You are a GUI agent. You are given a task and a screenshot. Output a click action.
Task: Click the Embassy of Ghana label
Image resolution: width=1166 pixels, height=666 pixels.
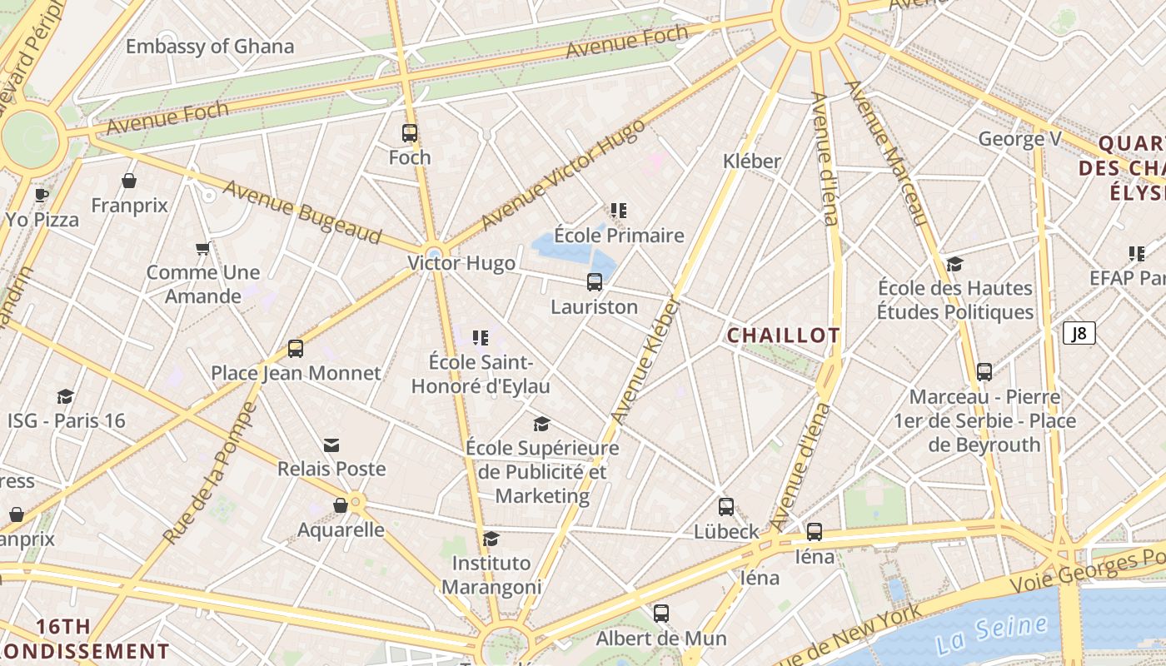point(210,46)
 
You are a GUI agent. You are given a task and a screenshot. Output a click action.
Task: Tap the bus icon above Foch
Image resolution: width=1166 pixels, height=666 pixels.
point(410,132)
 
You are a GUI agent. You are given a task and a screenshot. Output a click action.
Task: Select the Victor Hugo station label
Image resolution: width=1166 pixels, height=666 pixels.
point(461,263)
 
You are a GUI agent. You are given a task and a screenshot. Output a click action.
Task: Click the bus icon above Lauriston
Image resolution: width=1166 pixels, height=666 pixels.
point(595,282)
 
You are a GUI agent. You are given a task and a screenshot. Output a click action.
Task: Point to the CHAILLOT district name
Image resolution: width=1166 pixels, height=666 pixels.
point(783,335)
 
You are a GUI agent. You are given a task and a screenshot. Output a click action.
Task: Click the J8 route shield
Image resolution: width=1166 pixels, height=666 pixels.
point(1079,334)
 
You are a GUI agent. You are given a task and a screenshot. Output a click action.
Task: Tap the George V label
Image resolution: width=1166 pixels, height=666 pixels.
point(1019,139)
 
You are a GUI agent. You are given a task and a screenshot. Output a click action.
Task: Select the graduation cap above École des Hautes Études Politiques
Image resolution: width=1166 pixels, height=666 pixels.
point(954,265)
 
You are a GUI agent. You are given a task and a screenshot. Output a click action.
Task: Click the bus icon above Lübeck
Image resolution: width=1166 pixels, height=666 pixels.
point(726,507)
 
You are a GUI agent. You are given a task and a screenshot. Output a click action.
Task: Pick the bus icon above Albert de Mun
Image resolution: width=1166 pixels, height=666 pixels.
point(661,614)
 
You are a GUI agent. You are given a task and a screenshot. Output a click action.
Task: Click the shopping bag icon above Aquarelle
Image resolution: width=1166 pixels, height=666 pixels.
point(341,505)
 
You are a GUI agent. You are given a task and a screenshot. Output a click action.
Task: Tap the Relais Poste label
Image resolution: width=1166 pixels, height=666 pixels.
point(331,469)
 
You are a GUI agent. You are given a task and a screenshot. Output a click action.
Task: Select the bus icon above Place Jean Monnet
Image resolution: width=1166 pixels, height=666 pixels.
point(296,349)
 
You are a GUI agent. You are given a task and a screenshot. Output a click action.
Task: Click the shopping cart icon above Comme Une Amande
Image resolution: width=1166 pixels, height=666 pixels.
point(202,248)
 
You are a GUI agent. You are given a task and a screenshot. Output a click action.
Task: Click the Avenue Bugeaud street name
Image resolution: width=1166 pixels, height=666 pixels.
point(302,212)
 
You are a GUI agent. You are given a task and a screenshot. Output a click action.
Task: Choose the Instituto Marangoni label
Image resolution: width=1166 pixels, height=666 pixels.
point(491,574)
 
